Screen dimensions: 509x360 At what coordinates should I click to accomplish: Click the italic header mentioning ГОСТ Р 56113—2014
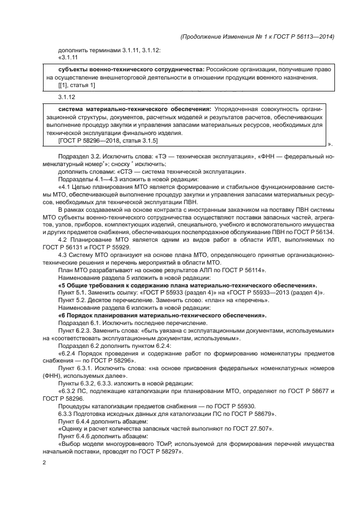(x=256, y=36)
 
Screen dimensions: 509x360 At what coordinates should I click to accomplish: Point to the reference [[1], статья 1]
(x=76, y=85)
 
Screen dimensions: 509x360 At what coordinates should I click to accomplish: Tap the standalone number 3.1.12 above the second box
(x=65, y=96)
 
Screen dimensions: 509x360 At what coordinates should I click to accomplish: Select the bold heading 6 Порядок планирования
(x=162, y=315)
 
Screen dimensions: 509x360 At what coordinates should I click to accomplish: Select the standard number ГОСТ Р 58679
(x=242, y=414)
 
